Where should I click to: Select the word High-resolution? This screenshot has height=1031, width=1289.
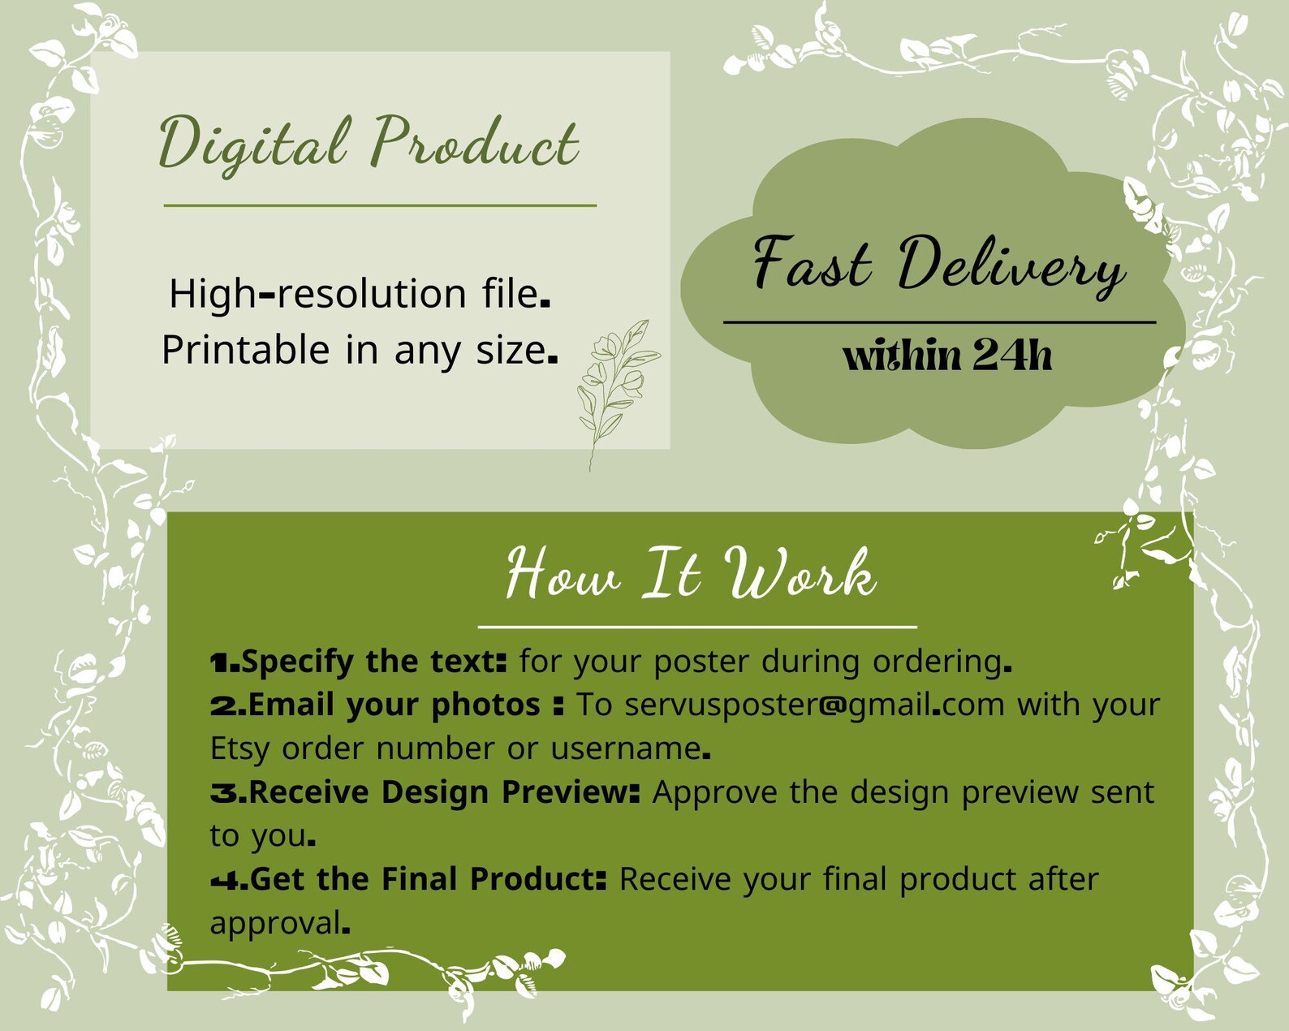[x=317, y=294]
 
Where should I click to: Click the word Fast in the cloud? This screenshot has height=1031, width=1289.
[x=813, y=263]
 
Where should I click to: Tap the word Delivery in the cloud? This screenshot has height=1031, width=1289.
[x=1011, y=266]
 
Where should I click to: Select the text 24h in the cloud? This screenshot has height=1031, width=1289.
[x=1011, y=356]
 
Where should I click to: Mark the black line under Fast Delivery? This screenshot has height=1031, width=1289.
[x=939, y=322]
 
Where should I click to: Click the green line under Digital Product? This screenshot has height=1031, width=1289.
[x=381, y=205]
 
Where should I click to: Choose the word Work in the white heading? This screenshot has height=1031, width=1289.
[x=800, y=573]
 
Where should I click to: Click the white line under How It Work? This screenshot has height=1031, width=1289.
[x=697, y=628]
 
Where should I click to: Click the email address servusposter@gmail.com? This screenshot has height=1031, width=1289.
[x=815, y=705]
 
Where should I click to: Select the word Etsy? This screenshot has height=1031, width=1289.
[x=239, y=749]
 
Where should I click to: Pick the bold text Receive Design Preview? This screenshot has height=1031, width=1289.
[x=444, y=792]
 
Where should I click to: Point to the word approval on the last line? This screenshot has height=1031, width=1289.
[x=275, y=923]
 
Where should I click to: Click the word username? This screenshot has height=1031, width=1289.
[x=625, y=748]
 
